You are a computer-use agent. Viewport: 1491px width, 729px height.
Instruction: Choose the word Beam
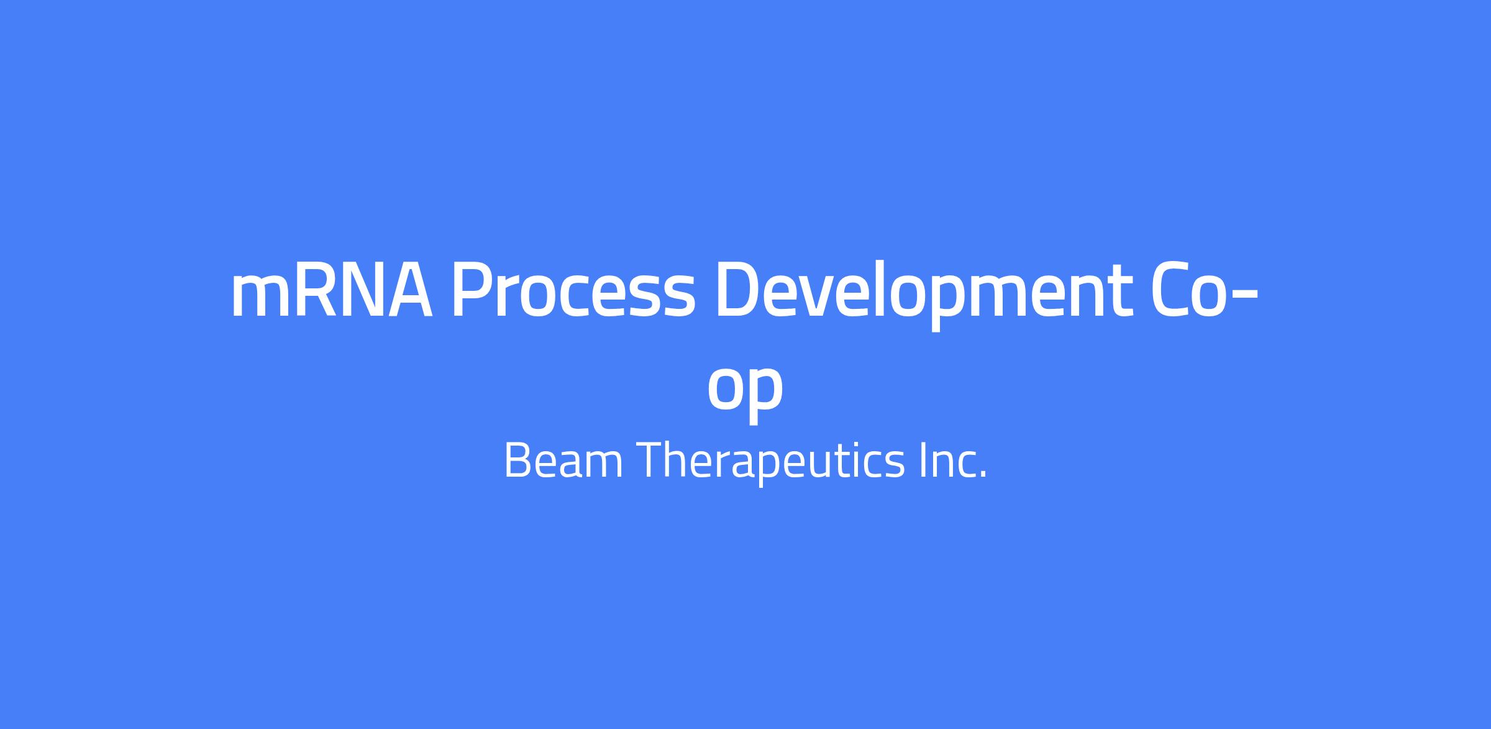563,461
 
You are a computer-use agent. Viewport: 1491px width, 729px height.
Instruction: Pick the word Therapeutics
770,463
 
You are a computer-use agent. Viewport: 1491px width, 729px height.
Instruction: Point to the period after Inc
983,475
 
